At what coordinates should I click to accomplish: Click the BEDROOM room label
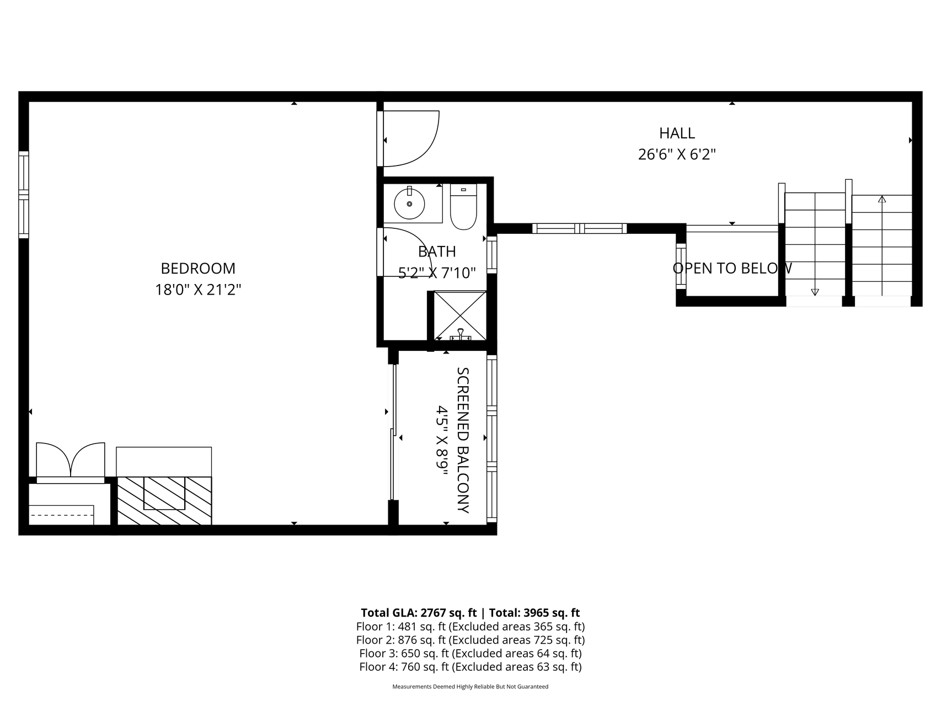[x=198, y=269]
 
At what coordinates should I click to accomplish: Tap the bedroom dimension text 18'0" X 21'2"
[x=198, y=290]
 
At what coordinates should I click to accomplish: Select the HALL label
[x=677, y=133]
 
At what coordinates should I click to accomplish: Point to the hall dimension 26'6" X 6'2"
[x=677, y=154]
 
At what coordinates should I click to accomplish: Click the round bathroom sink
[x=409, y=204]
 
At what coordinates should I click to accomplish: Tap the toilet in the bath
[x=463, y=206]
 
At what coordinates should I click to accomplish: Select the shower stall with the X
[x=460, y=315]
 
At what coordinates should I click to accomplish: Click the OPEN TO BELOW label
[x=732, y=269]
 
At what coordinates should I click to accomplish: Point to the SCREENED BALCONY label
[x=463, y=440]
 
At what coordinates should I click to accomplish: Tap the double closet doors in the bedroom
[x=70, y=459]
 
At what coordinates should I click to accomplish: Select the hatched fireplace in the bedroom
[x=164, y=500]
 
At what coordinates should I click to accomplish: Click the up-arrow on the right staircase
[x=882, y=199]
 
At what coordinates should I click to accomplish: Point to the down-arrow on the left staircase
[x=815, y=292]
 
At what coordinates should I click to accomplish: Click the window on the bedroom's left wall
[x=23, y=194]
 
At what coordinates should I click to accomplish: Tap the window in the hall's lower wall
[x=579, y=228]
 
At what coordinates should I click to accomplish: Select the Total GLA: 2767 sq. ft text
[x=419, y=613]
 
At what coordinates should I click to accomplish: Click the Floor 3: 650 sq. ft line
[x=470, y=654]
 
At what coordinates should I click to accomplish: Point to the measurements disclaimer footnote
[x=470, y=687]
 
